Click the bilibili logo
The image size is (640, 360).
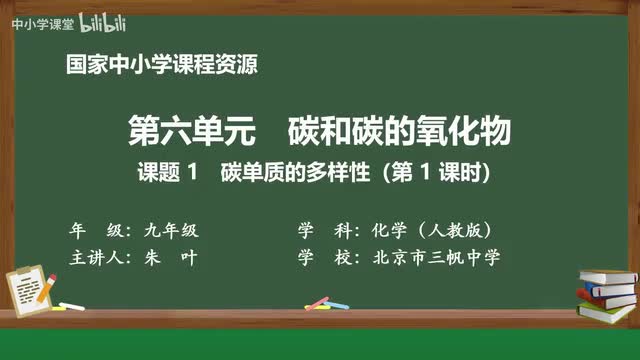93,22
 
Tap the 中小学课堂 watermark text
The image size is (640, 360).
37,23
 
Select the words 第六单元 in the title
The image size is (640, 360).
180,131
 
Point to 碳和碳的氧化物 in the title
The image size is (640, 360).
399,131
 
